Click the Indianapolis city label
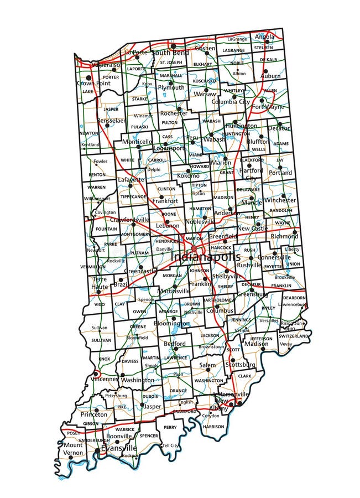coord(205,257)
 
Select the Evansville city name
coord(118,448)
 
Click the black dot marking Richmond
coord(295,232)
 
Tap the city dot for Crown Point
coord(88,78)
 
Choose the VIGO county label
coord(100,304)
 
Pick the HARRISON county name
coord(213,427)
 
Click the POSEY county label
coord(73,433)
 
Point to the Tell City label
coord(170,445)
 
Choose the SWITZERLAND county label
coord(293,336)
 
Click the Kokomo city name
coord(188,175)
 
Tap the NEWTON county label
coord(88,133)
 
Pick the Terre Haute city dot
coord(99,292)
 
